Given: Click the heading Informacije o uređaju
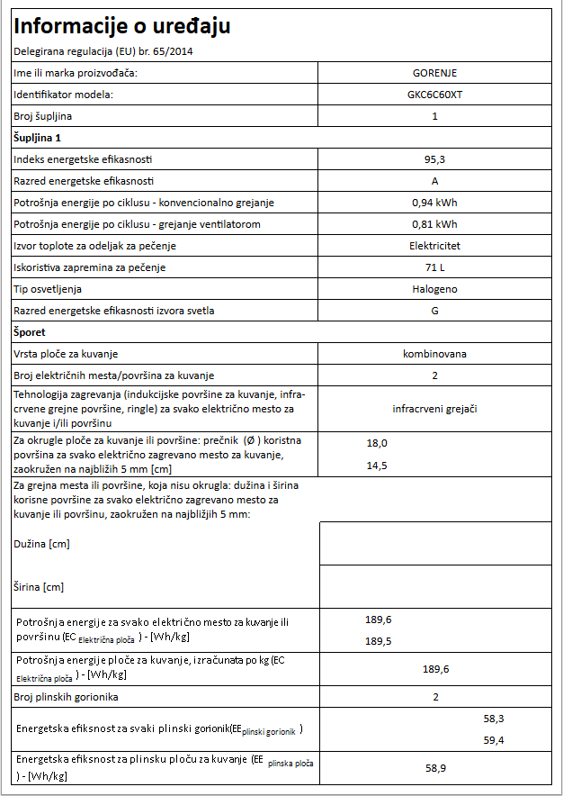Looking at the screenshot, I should [x=121, y=27].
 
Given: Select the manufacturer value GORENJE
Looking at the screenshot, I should [x=434, y=73].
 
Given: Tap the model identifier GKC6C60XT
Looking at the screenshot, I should [x=434, y=95].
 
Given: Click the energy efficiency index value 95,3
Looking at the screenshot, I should [x=434, y=159].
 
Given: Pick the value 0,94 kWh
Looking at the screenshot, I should [x=434, y=203].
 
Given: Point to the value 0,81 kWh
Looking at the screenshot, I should [x=434, y=224].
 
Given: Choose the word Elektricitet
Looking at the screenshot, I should [x=434, y=246].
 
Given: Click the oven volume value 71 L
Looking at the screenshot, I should [x=434, y=267].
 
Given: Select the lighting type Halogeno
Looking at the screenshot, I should [x=434, y=289].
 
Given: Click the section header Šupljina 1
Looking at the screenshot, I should [x=37, y=138].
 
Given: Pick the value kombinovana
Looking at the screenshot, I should [x=434, y=354].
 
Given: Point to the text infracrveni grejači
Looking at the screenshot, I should [x=434, y=409].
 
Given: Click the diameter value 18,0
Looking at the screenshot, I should [x=377, y=443].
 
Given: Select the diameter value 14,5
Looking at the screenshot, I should [x=377, y=466].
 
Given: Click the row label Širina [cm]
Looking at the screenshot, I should [x=40, y=587].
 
